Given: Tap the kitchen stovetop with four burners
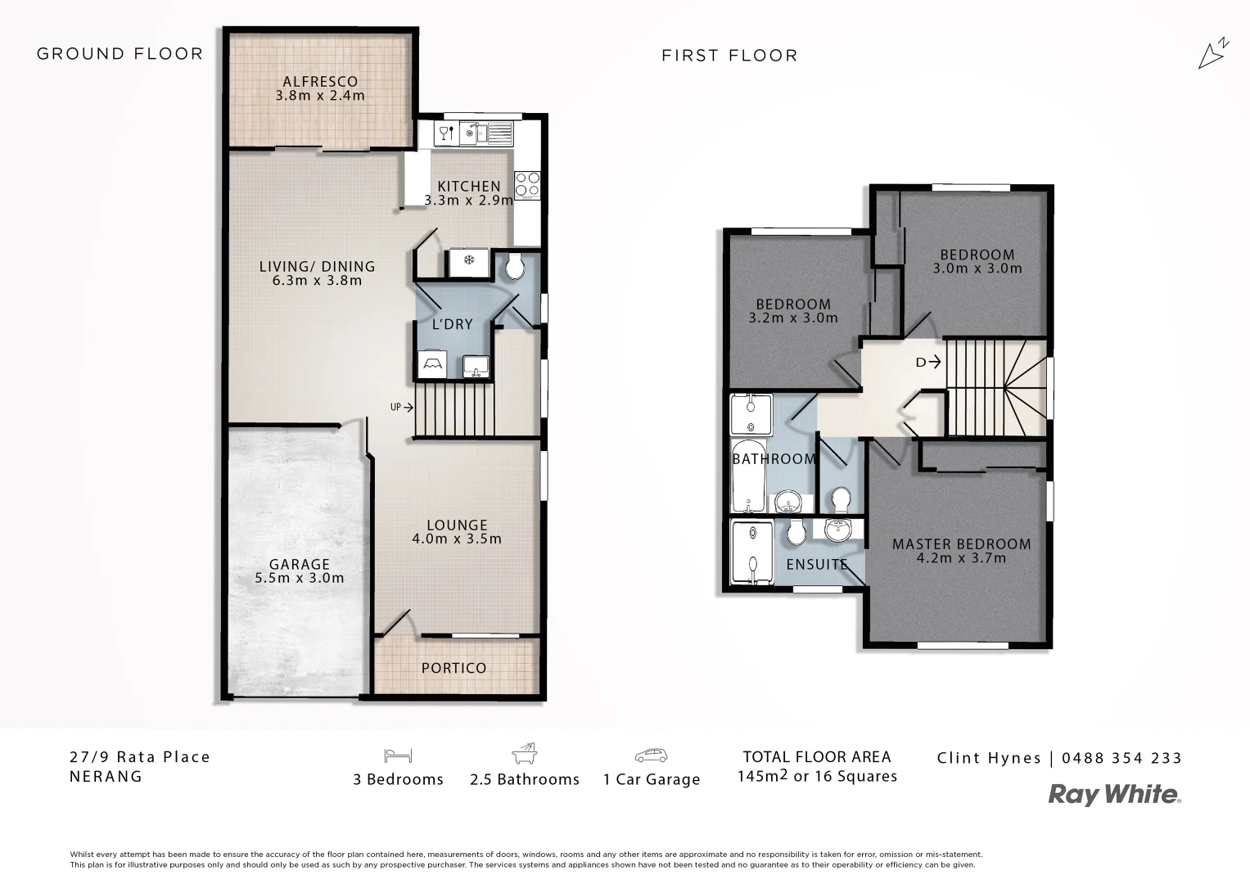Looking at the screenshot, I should click(x=526, y=184).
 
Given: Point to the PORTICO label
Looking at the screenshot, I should click(x=454, y=668).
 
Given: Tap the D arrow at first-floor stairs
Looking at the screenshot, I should click(x=928, y=362).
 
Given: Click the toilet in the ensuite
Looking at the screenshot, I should click(x=794, y=534).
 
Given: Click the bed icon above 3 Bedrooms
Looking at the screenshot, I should click(x=398, y=755).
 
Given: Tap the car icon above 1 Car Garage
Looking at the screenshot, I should click(x=651, y=755).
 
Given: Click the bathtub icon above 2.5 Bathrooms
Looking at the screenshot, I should click(x=524, y=754).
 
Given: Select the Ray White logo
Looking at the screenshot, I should click(x=1114, y=794).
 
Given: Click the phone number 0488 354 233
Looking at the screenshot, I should click(x=1121, y=758).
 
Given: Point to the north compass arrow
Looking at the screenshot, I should click(x=1212, y=53).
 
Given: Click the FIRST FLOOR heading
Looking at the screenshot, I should click(x=729, y=56).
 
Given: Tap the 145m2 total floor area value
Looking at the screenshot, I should click(x=764, y=776).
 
